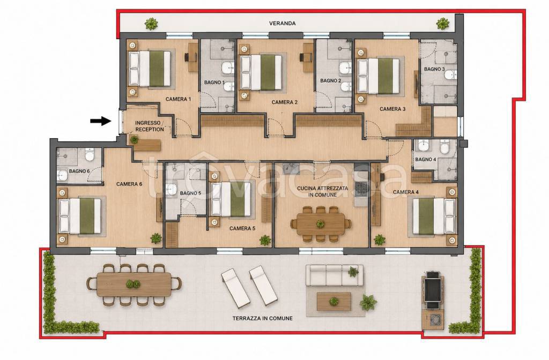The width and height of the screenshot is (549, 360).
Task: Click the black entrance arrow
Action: pyautogui.click(x=100, y=121)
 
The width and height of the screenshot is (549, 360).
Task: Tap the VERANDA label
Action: pyautogui.click(x=282, y=24)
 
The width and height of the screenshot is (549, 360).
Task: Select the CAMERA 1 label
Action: pyautogui.click(x=178, y=99)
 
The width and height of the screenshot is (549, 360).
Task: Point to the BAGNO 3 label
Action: pyautogui.click(x=434, y=69)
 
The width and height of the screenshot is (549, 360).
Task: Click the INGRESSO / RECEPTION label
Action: pyautogui.click(x=150, y=126)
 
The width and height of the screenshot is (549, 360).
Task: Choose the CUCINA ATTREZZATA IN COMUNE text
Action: pyautogui.click(x=322, y=191)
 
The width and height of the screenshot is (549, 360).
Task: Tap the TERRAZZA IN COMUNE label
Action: pyautogui.click(x=263, y=318)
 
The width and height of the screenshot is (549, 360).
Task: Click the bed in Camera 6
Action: pyautogui.click(x=80, y=216)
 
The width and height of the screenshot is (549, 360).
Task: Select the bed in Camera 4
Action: pyautogui.click(x=434, y=216)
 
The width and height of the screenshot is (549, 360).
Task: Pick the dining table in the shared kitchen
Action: pyautogui.click(x=321, y=224)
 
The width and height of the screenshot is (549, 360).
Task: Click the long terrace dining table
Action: pyautogui.click(x=133, y=284)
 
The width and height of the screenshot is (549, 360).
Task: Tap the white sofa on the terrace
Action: pyautogui.click(x=335, y=275)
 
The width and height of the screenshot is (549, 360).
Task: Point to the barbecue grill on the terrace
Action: pyautogui.click(x=433, y=290)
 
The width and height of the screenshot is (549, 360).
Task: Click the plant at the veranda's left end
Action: pyautogui.click(x=151, y=24)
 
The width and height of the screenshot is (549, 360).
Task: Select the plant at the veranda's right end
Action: pyautogui.click(x=442, y=24)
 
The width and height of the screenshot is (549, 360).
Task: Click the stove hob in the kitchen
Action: pyautogui.click(x=361, y=189)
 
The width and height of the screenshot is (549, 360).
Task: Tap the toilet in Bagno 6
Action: pyautogui.click(x=90, y=154)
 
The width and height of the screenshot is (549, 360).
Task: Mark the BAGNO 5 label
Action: pyautogui.click(x=190, y=193)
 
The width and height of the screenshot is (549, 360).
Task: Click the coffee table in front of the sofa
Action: pyautogui.click(x=333, y=302)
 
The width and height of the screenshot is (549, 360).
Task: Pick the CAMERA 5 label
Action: pyautogui.click(x=242, y=228)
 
